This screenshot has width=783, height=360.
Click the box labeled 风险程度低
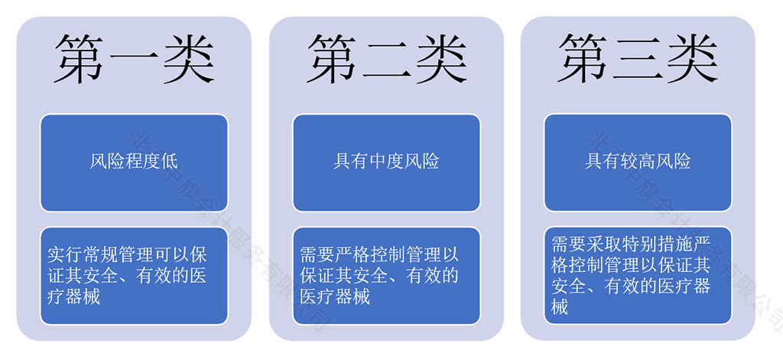[134, 162]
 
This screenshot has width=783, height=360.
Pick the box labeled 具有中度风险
[386, 162]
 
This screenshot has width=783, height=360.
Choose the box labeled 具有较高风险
[638, 162]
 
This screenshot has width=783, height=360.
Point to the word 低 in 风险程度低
[170, 162]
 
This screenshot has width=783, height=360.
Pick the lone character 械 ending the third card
[560, 308]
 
